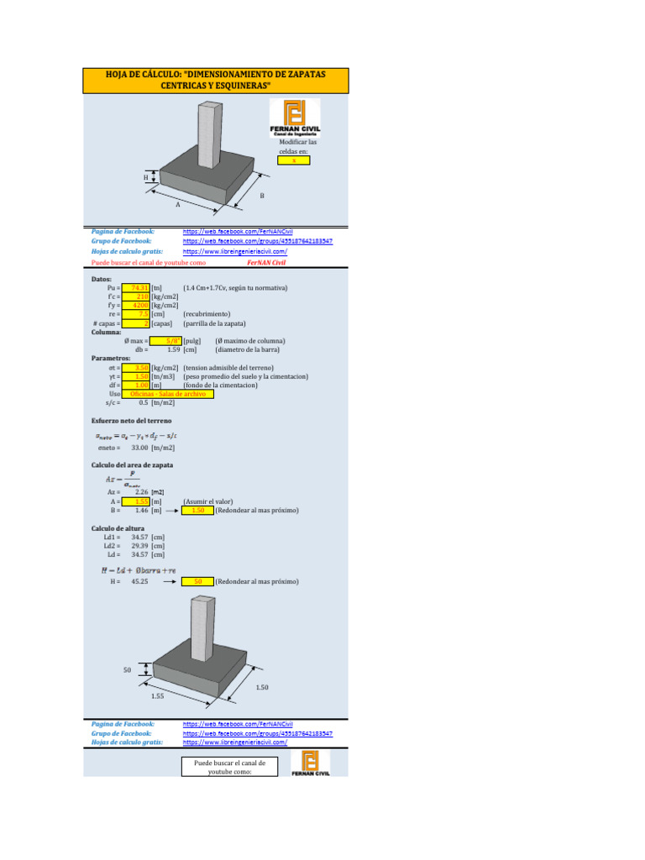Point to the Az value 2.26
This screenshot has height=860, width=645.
click(x=142, y=492)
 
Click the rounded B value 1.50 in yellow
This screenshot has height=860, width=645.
click(x=197, y=510)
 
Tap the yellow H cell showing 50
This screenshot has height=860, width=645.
click(x=197, y=581)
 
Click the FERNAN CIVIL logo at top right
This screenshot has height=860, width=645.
click(x=294, y=118)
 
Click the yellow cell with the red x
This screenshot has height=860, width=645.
click(x=294, y=160)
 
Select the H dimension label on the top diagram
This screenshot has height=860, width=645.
click(x=145, y=177)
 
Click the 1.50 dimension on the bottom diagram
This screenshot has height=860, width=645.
click(x=263, y=688)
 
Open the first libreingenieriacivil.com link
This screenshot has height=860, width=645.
click(x=235, y=251)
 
